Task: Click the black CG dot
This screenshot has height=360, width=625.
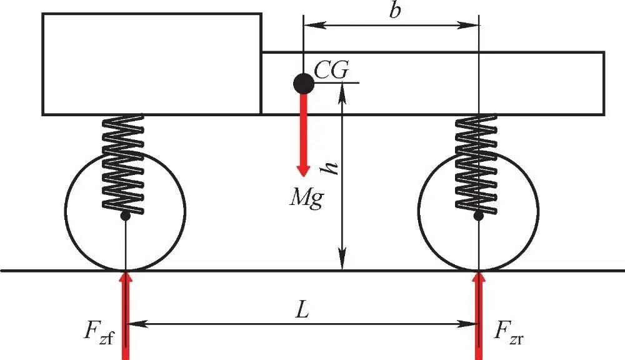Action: click(x=303, y=82)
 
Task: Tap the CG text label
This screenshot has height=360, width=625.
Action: click(x=331, y=69)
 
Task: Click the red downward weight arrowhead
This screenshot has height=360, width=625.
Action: click(x=303, y=171)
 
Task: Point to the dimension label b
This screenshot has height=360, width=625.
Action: click(x=393, y=13)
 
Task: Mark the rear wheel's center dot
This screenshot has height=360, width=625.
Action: click(x=479, y=216)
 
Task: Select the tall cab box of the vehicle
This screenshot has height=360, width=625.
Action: click(x=151, y=64)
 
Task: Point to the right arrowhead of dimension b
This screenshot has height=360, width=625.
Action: click(x=472, y=26)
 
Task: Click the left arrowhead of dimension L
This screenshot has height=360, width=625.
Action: click(x=134, y=324)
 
